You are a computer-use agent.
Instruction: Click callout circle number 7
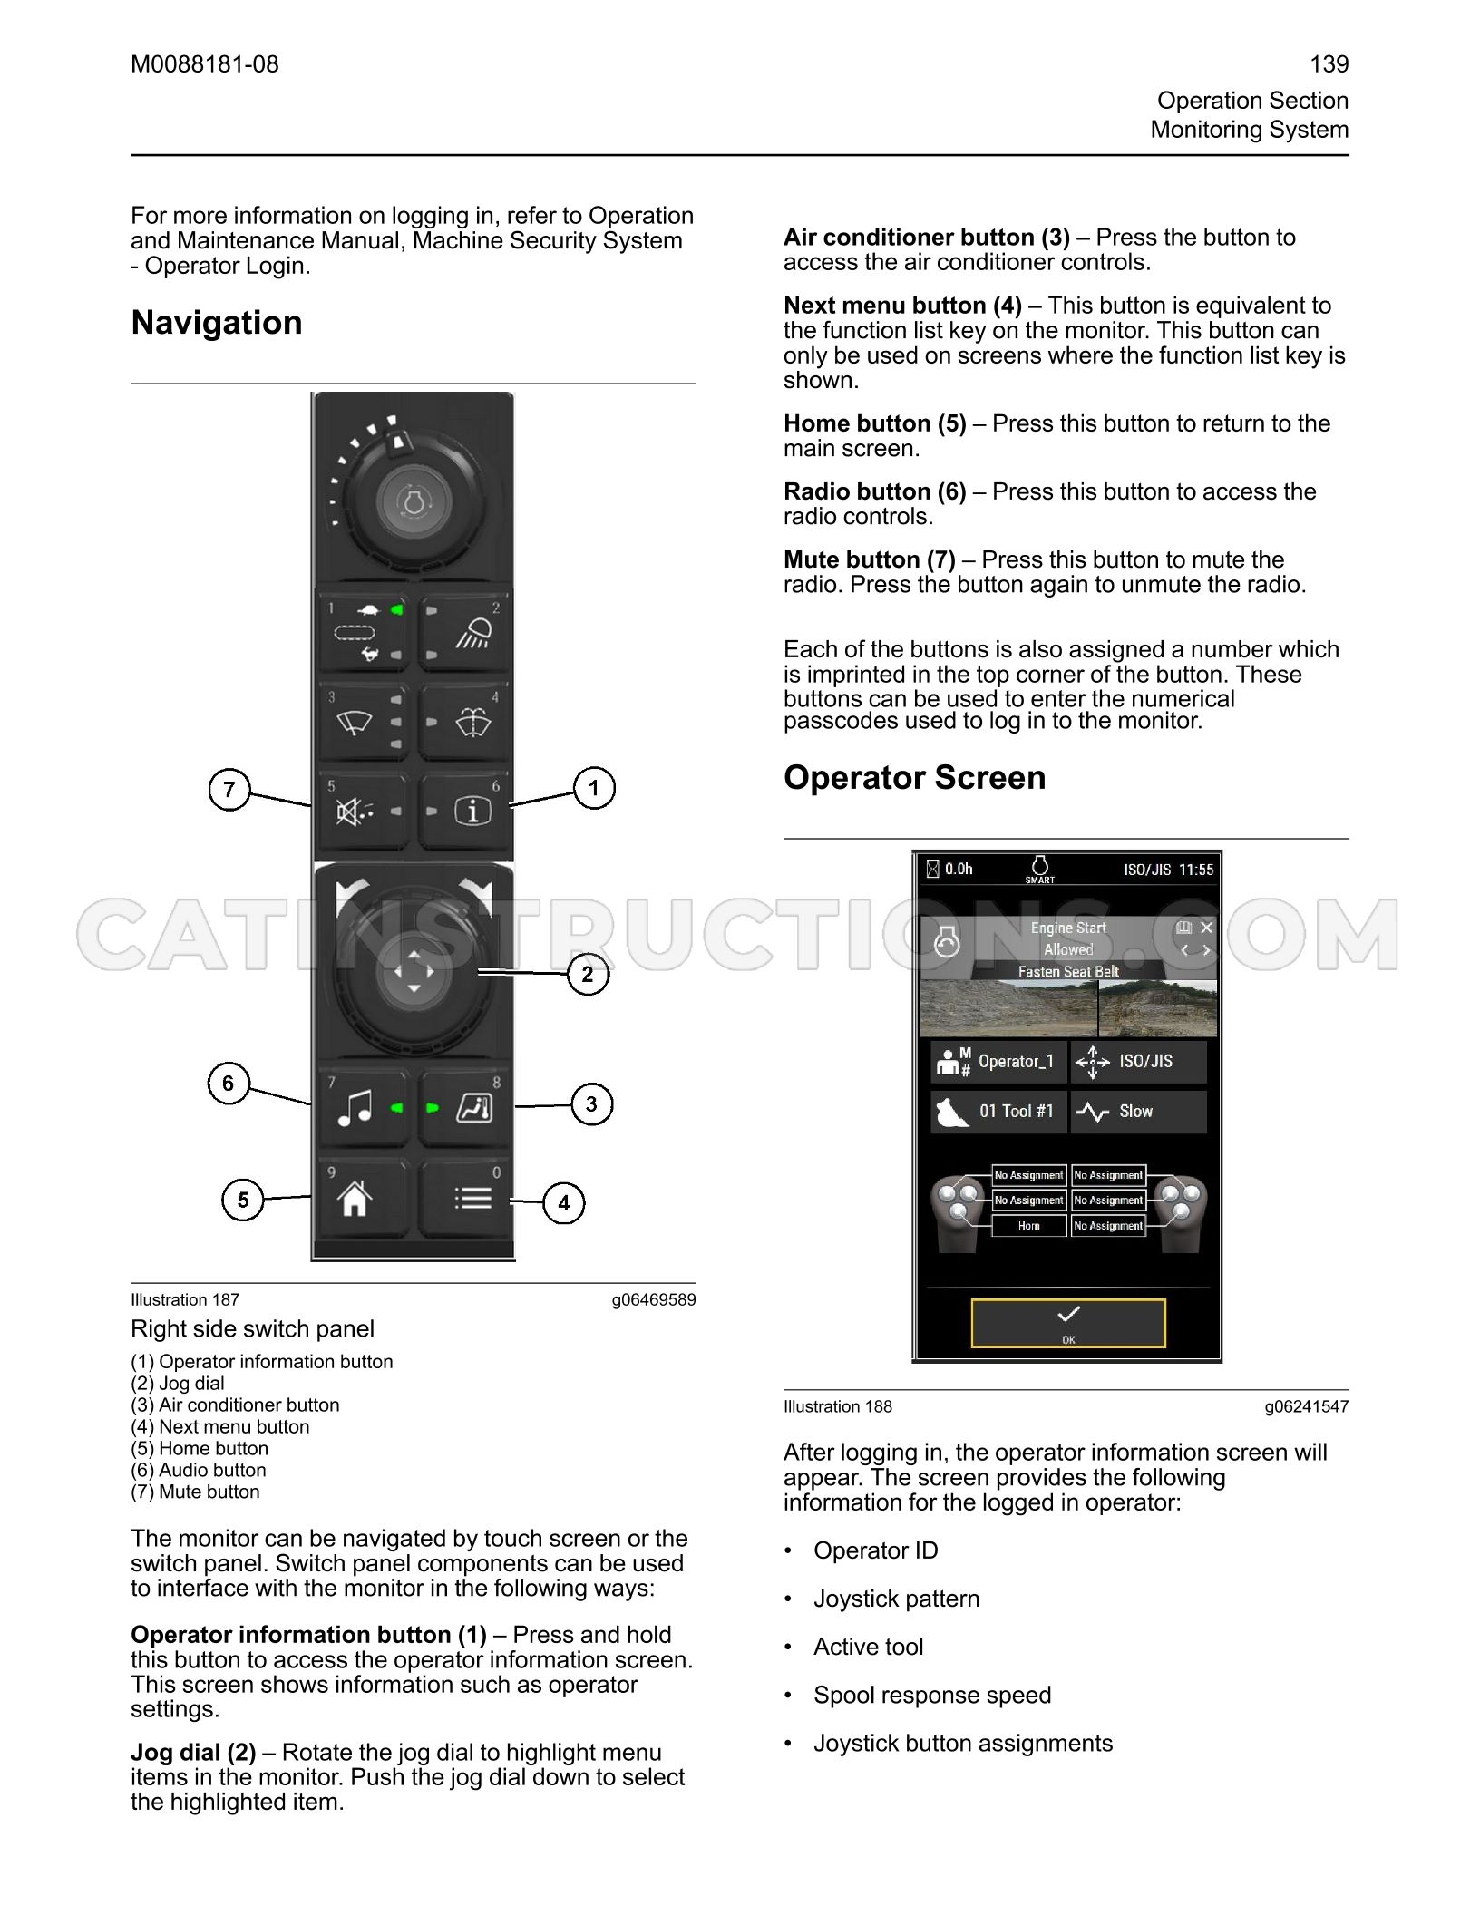click(229, 789)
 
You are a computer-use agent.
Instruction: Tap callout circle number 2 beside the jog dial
click(588, 975)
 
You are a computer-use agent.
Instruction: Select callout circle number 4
click(564, 1203)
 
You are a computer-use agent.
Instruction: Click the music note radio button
click(363, 1108)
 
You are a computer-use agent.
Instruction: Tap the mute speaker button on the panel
click(363, 812)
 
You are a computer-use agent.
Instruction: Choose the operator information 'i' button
click(463, 812)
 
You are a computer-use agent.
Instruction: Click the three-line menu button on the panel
click(463, 1199)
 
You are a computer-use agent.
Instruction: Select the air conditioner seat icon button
click(463, 1108)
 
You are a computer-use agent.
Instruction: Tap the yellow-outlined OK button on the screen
click(1068, 1324)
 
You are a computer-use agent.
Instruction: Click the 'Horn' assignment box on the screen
click(1029, 1226)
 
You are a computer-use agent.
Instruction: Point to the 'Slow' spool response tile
click(1139, 1112)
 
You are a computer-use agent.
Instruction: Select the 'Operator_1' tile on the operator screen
click(998, 1062)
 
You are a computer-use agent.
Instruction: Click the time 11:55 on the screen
click(1196, 870)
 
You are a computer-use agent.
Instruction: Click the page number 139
click(1329, 64)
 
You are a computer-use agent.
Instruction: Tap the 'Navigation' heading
click(217, 323)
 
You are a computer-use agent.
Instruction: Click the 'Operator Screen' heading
click(915, 778)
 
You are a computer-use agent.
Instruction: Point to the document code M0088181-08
click(205, 64)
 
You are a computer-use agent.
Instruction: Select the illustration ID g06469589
click(654, 1299)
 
